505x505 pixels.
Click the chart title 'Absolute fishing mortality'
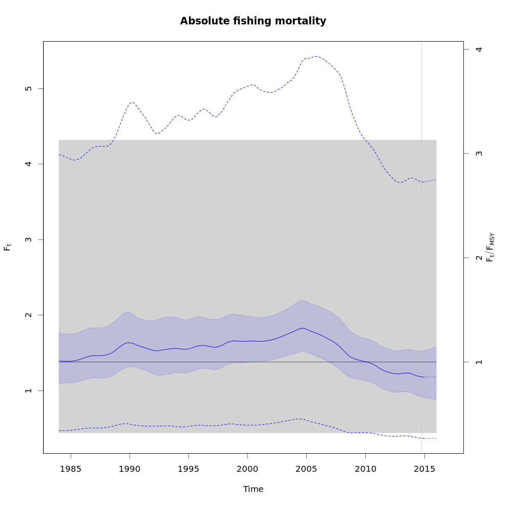(253, 21)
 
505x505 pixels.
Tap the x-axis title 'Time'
(253, 489)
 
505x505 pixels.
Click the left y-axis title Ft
(7, 247)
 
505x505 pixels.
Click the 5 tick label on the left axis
(29, 88)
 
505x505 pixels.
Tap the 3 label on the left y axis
(29, 239)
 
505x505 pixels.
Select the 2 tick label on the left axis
(29, 315)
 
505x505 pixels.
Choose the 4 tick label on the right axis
(478, 49)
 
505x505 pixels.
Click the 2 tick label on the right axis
(478, 258)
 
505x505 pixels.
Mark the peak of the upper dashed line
(317, 56)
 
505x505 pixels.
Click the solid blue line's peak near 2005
(303, 328)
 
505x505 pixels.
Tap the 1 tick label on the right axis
(478, 362)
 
